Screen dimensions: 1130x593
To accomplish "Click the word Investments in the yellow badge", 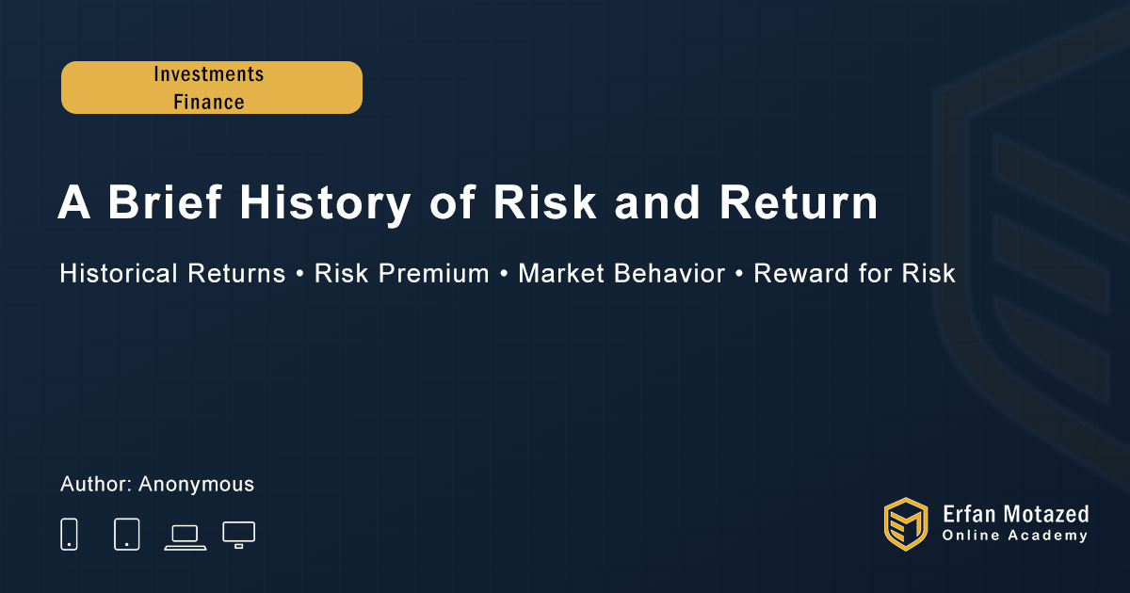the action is [x=209, y=74].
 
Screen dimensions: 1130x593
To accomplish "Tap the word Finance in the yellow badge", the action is [x=209, y=102].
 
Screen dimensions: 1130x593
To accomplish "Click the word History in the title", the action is [x=325, y=202].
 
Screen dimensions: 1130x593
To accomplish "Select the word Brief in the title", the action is [x=165, y=201].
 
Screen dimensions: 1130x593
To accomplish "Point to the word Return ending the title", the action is [x=799, y=202].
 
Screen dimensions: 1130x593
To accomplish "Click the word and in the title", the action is [x=657, y=202].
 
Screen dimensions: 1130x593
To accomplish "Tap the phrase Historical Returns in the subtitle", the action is [x=172, y=273].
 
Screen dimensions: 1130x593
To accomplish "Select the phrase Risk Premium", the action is [x=401, y=273].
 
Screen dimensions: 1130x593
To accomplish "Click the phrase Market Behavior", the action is [x=621, y=273].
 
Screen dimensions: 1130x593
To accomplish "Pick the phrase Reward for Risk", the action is [x=854, y=273].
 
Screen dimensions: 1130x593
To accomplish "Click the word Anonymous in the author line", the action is [x=196, y=485].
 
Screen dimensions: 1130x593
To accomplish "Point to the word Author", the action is [x=96, y=484].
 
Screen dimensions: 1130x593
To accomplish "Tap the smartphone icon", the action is [x=69, y=534].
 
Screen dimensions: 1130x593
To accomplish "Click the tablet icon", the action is [x=126, y=534].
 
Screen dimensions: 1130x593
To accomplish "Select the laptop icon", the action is [x=186, y=537].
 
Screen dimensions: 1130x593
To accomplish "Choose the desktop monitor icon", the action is [x=238, y=535].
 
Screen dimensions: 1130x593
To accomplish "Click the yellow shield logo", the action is [x=906, y=524].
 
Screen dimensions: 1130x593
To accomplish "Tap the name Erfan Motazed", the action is [x=1015, y=515].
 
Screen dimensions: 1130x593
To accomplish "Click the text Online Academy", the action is [x=1014, y=536].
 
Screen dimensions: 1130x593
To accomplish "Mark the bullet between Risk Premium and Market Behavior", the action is [x=504, y=274].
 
